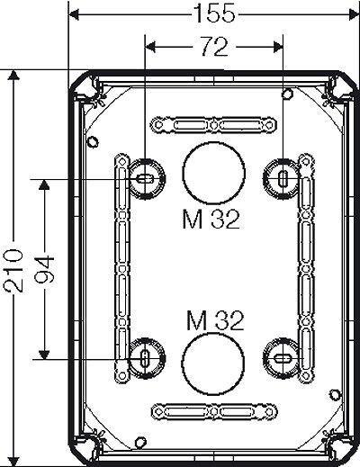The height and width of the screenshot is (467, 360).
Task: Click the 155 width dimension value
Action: (x=214, y=13)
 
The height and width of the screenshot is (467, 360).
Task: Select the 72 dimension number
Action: (x=214, y=47)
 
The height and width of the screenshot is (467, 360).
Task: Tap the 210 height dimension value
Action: (x=13, y=271)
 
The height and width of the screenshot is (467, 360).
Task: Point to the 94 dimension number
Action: (x=44, y=269)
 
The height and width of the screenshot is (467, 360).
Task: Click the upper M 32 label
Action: (x=211, y=220)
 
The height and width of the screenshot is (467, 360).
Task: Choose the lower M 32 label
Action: (x=215, y=320)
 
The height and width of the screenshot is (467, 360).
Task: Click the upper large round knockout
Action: (x=214, y=173)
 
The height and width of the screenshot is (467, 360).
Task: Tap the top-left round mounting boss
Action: (x=147, y=179)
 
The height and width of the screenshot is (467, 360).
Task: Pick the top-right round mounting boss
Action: (x=282, y=179)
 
